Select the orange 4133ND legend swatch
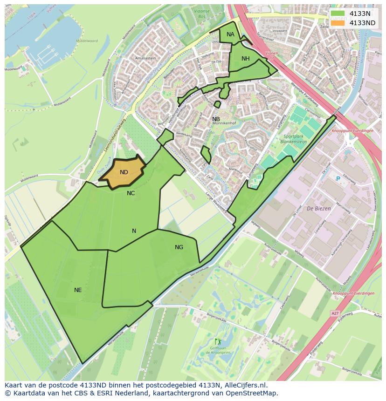tap(338, 23)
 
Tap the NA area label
tap(230, 34)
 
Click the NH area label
tap(246, 58)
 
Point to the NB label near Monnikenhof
tap(216, 119)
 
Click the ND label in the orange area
tap(124, 172)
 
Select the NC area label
tap(131, 193)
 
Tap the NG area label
tap(179, 247)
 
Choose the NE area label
tap(78, 290)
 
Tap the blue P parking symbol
tap(338, 178)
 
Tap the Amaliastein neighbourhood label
tap(145, 58)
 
